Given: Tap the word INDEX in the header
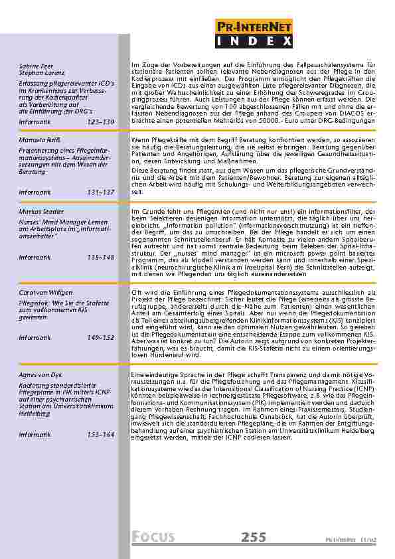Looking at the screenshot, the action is coord(254,41).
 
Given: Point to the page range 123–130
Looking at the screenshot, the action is coord(101,122).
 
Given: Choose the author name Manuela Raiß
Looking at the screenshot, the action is coord(36,141).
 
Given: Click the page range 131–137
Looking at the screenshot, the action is coord(101,192).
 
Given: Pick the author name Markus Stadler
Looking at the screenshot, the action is coord(37,210).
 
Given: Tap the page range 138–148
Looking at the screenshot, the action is coord(101,256).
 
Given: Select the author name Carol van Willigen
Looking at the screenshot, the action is coord(43,292).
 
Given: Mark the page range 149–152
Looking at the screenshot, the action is coord(101,337).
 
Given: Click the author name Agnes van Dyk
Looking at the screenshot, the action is coord(37,374).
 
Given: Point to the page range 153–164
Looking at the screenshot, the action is coord(101,434).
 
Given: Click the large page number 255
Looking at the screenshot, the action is coord(255,537).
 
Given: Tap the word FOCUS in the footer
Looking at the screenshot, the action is coord(153,537).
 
